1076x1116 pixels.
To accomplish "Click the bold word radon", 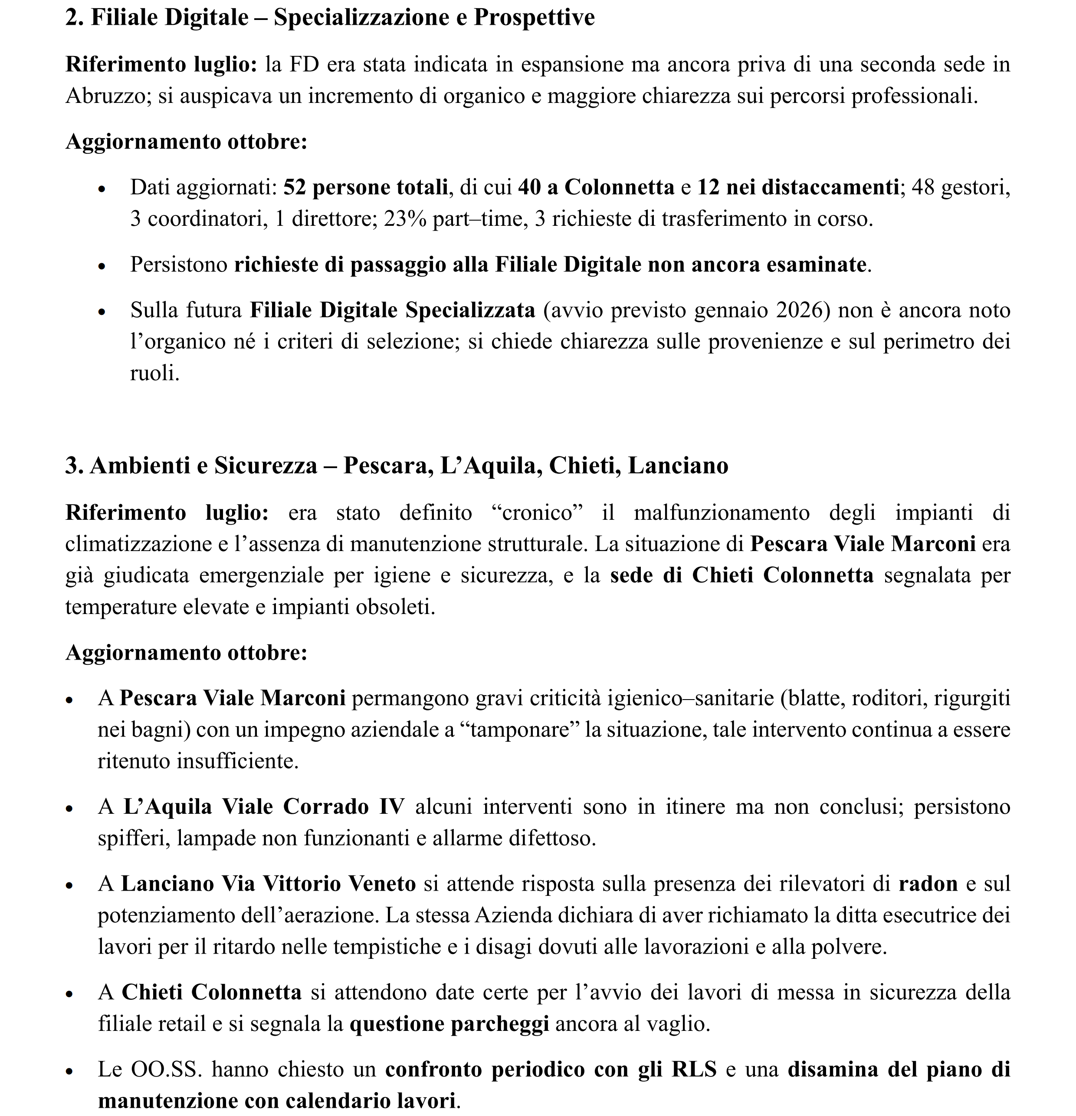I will [928, 884].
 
